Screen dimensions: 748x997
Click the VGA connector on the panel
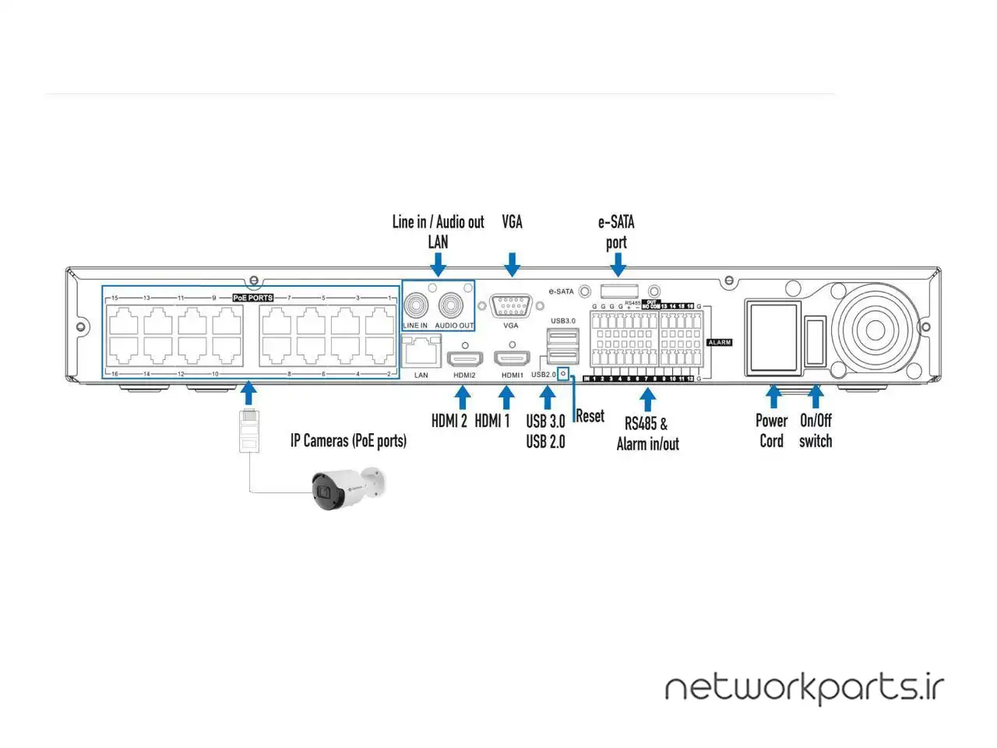coord(511,305)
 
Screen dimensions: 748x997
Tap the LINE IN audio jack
coord(416,305)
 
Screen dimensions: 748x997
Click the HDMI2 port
coord(464,359)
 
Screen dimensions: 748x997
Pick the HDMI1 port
coord(512,359)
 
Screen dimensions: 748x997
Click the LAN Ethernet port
coord(421,352)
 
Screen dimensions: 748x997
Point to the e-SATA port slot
coord(618,291)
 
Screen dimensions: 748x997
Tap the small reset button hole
coord(563,374)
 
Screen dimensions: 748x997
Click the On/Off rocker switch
coord(814,340)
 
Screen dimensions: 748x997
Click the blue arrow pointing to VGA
coord(512,264)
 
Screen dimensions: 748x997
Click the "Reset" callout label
coord(590,416)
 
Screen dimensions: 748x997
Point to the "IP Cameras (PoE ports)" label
coord(348,440)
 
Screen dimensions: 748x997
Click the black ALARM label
coord(719,342)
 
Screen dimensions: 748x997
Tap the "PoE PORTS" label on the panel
coord(253,298)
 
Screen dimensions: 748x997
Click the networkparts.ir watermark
coord(804,688)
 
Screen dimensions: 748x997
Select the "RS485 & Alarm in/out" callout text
coord(647,433)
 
